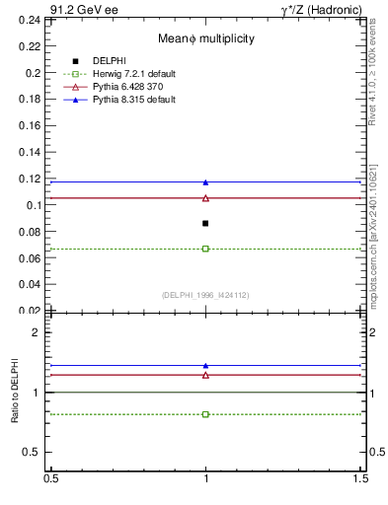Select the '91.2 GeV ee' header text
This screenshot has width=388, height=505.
(48, 9)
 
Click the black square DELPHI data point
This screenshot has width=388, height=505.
(205, 223)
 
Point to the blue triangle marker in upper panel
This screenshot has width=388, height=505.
(205, 181)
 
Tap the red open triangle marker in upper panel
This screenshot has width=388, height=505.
(205, 198)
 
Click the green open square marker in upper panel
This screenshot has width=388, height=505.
(205, 249)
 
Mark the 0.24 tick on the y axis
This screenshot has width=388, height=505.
(32, 20)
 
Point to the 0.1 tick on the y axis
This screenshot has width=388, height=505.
(36, 205)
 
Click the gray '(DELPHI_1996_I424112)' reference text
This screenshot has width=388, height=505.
(205, 294)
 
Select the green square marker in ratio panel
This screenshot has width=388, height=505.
(205, 414)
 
